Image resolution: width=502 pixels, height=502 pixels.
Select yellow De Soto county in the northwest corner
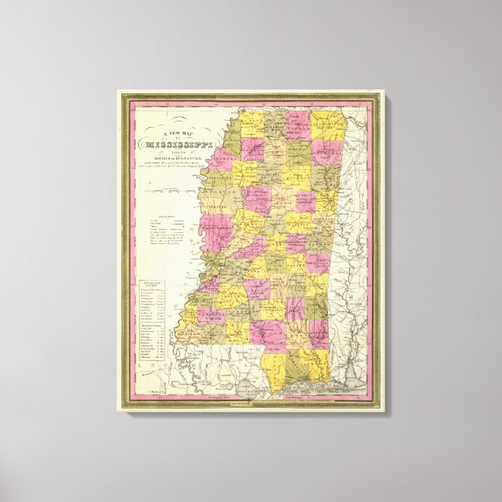pyautogui.click(x=248, y=122)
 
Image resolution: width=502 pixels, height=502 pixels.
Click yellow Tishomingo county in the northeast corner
pyautogui.click(x=328, y=125)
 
